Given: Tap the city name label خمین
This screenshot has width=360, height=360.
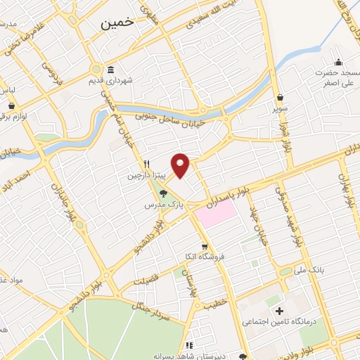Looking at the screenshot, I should pos(117,23).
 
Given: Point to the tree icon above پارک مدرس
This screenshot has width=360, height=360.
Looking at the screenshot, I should pos(163,193).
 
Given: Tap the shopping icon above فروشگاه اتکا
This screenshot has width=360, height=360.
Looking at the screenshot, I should pos(204,247).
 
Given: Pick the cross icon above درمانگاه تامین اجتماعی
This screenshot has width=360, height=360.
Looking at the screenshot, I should pos(280,311).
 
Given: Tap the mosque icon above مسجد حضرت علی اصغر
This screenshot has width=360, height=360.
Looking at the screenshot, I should pos(339,62).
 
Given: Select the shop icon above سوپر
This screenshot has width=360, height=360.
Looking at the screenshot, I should pos(280,97).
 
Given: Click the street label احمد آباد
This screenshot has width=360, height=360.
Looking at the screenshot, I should pos(32,175).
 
